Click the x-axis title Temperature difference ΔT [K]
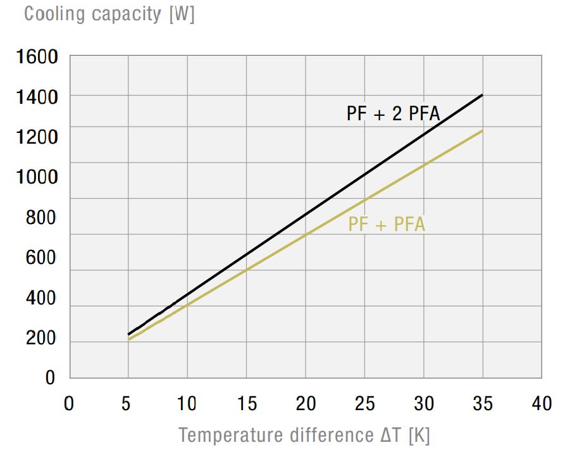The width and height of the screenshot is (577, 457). (304, 435)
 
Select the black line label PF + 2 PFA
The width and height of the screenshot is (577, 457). (393, 114)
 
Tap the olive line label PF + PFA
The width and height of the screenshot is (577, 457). (387, 224)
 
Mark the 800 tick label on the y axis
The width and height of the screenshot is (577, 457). (41, 217)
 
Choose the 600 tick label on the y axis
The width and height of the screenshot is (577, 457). (41, 258)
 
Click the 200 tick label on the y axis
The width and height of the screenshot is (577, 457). (41, 338)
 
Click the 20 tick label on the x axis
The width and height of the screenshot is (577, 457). (306, 403)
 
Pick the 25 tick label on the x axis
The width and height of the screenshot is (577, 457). (365, 403)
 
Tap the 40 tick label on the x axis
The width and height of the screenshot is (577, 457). (542, 403)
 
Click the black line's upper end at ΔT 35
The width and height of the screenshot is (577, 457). (483, 95)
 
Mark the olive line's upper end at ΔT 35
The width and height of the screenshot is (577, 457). (483, 131)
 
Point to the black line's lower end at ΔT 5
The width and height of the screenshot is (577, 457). (128, 334)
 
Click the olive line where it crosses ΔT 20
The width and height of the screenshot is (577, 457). (306, 235)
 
